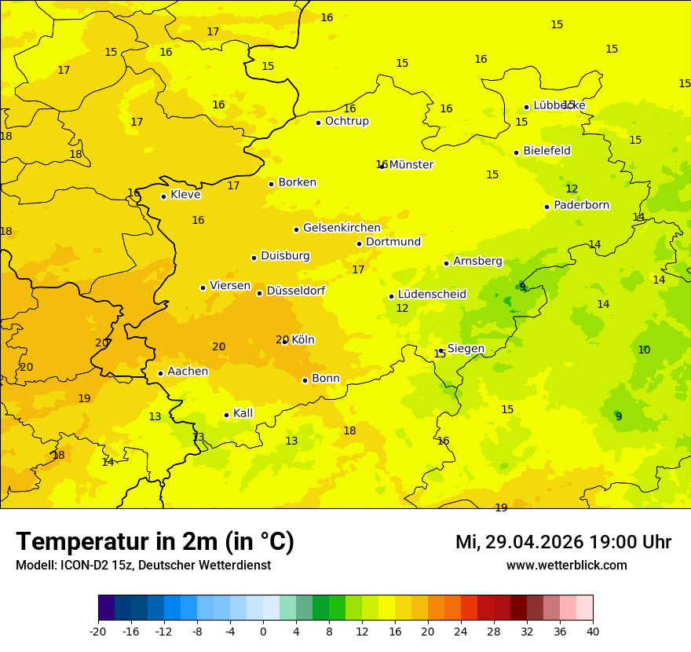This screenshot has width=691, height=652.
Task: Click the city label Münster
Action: pyautogui.click(x=411, y=165)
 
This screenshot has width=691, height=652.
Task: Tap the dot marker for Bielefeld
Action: pyautogui.click(x=516, y=152)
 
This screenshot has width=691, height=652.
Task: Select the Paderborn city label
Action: pyautogui.click(x=581, y=205)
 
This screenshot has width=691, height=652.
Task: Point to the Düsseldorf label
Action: pyautogui.click(x=295, y=291)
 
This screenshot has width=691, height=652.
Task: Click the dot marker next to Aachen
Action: pyautogui.click(x=160, y=373)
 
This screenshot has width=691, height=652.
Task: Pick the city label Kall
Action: pyautogui.click(x=243, y=413)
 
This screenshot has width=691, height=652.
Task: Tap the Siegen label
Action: pyautogui.click(x=466, y=349)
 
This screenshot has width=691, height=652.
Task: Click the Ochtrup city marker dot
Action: pyautogui.click(x=318, y=123)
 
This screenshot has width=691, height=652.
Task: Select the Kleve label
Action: pyautogui.click(x=185, y=195)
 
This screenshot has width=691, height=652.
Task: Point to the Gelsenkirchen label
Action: pyautogui.click(x=342, y=228)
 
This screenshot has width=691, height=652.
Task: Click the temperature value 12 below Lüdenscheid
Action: pyautogui.click(x=402, y=309)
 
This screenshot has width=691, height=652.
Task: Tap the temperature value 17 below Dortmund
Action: pyautogui.click(x=358, y=270)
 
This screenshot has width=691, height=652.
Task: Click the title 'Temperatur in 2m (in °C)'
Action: pyautogui.click(x=155, y=542)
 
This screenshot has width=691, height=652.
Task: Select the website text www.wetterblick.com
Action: pyautogui.click(x=566, y=566)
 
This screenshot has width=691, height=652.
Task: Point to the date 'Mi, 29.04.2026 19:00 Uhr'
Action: pyautogui.click(x=563, y=542)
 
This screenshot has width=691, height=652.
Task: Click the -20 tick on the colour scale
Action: pyautogui.click(x=98, y=632)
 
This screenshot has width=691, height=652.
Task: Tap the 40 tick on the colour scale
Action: pyautogui.click(x=592, y=632)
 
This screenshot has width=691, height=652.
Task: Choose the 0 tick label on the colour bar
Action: pyautogui.click(x=263, y=632)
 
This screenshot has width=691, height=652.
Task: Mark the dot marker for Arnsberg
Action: pyautogui.click(x=446, y=263)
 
